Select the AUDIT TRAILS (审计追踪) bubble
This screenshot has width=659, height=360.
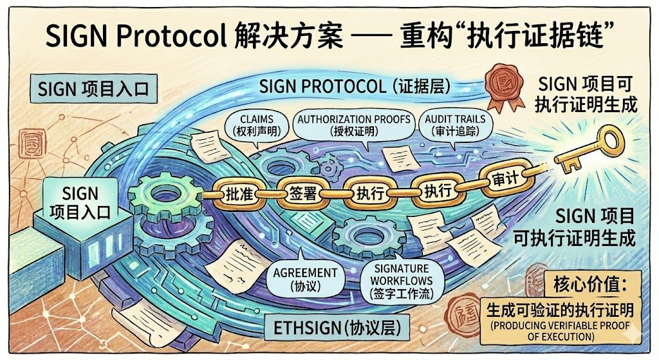[x=454, y=124]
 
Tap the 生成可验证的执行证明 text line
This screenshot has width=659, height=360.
[x=561, y=310]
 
